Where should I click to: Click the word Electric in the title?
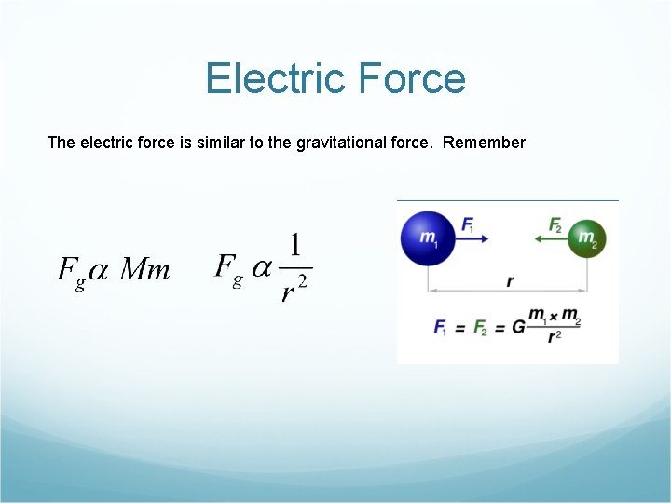coord(270,78)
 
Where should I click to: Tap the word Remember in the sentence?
coord(484,143)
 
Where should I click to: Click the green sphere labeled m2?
coord(587,238)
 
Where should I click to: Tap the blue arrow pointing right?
coord(475,238)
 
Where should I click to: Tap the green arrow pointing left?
coord(549,238)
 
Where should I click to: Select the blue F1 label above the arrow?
coord(468,224)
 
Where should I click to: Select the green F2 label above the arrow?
coord(555,224)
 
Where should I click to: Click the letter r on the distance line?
coord(510,280)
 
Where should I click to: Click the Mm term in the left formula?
coord(145,270)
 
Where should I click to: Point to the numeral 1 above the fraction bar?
coord(295,246)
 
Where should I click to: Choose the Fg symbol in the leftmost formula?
coord(71,272)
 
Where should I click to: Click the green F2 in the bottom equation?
coord(481,328)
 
